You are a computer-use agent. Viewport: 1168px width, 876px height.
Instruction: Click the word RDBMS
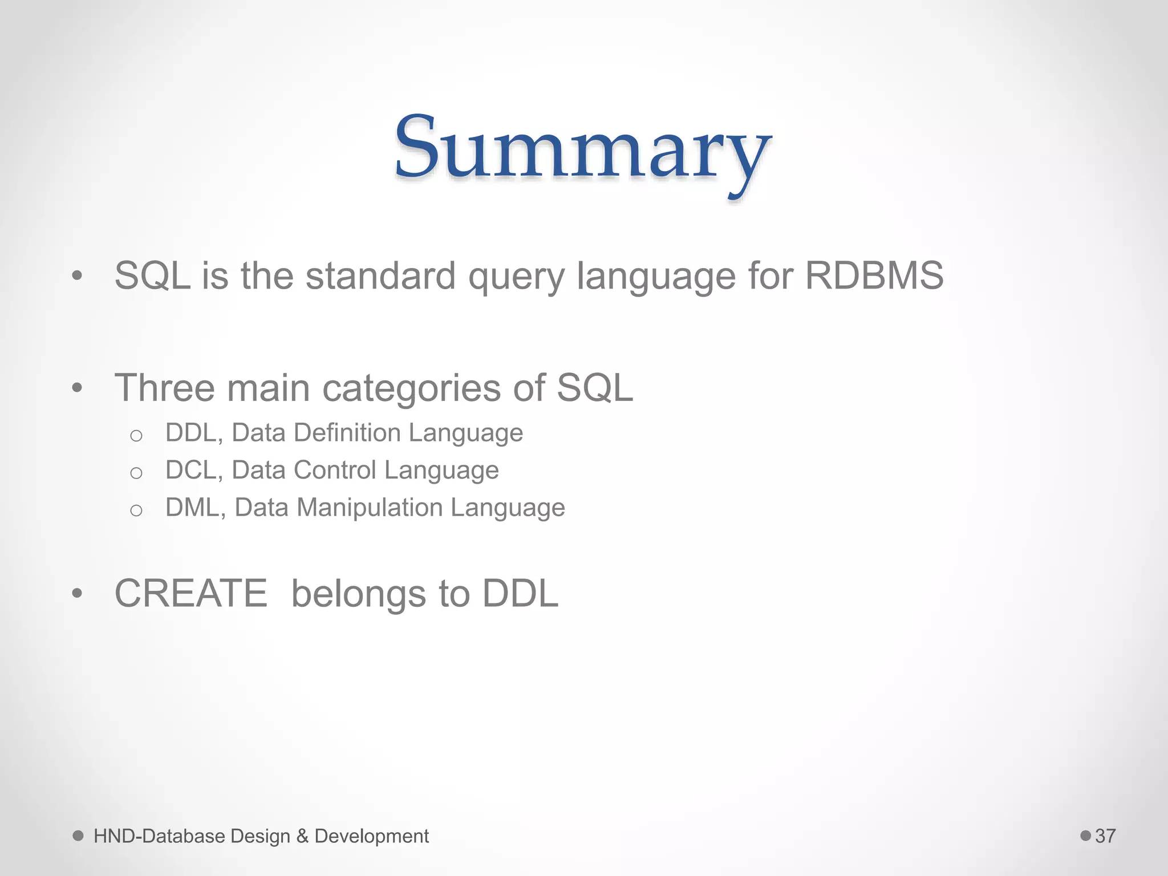click(874, 276)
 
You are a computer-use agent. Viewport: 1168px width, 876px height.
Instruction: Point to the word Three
click(164, 388)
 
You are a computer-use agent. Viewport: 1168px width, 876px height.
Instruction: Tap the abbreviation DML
click(192, 508)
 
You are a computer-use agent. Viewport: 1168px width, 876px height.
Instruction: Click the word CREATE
click(190, 594)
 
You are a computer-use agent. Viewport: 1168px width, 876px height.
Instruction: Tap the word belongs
click(358, 594)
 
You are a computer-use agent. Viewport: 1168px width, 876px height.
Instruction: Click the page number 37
click(1105, 836)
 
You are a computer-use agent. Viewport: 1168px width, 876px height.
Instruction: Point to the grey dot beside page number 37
click(1085, 836)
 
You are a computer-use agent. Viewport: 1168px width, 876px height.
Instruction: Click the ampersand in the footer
click(302, 836)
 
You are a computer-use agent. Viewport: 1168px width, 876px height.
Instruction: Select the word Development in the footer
click(371, 836)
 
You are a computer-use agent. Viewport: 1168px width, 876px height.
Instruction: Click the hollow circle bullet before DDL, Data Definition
click(136, 436)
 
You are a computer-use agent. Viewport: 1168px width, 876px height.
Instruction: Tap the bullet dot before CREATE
click(78, 594)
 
